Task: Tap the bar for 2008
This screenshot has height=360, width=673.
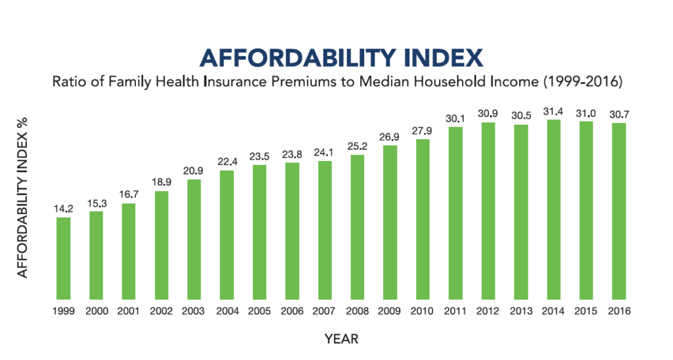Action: (x=358, y=227)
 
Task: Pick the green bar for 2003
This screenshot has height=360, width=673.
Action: (x=194, y=239)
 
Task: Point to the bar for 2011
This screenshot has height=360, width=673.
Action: (x=455, y=213)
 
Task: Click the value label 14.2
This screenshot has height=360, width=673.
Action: (x=63, y=209)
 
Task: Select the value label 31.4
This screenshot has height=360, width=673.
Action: (x=553, y=112)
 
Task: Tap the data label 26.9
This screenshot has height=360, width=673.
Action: (x=390, y=137)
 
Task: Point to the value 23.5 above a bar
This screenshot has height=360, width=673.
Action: (x=260, y=156)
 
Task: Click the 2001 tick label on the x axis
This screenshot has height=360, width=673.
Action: (x=129, y=312)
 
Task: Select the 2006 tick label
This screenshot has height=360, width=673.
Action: (x=292, y=312)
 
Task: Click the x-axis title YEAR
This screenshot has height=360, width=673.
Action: (x=341, y=339)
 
